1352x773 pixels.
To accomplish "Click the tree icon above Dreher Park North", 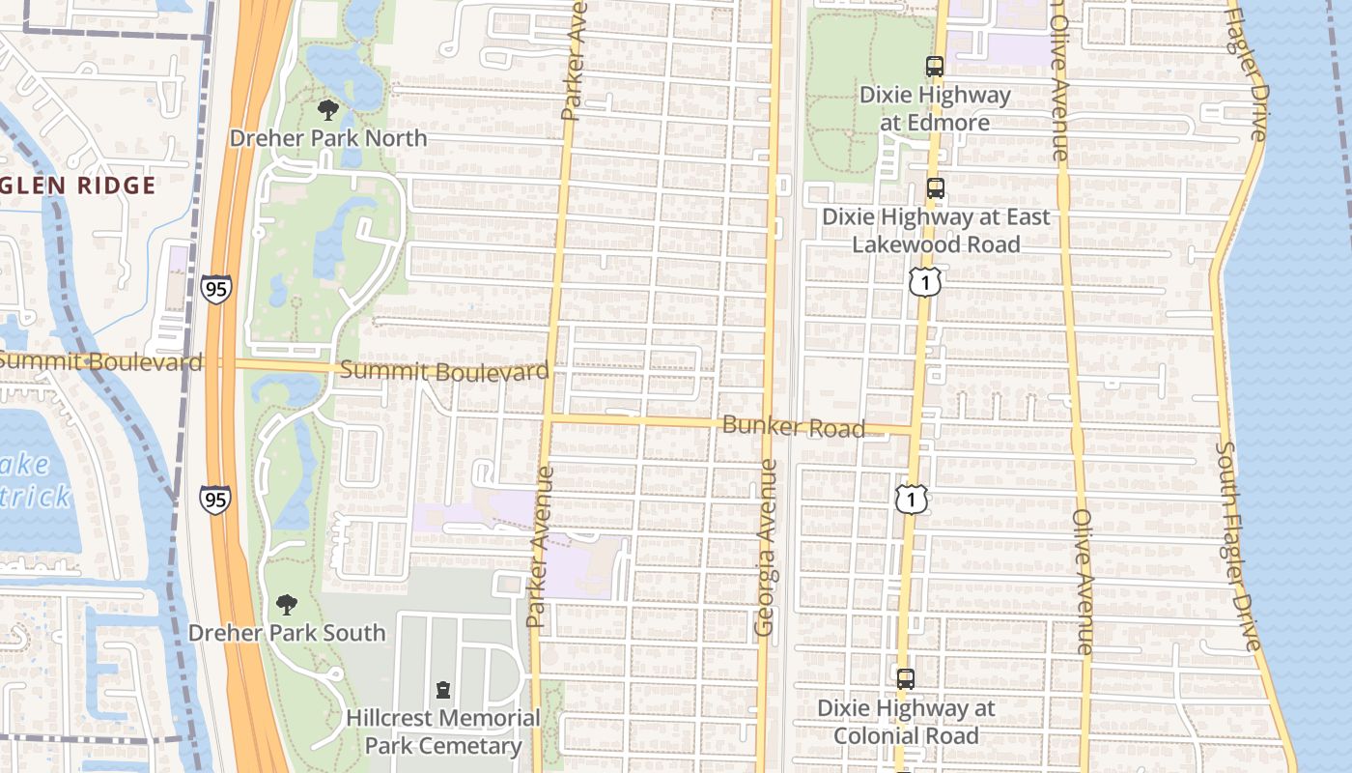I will point(328,109).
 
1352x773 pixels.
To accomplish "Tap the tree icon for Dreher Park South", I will point(286,605).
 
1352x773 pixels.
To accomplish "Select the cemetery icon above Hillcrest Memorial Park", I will point(443,690).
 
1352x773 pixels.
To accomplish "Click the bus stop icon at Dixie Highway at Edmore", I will point(934,67).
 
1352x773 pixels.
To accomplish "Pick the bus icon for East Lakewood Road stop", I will point(934,188).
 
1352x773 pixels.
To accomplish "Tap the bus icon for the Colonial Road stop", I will point(905,679).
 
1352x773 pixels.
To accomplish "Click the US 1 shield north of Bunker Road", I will point(924,282).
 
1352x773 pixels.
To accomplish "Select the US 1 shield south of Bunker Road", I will point(911,499).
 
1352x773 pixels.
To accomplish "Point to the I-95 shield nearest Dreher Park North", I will point(216,289).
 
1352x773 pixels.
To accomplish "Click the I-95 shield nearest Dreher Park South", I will point(215,499).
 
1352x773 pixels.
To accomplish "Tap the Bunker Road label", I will point(793,426).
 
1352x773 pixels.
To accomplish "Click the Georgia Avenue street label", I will point(766,547).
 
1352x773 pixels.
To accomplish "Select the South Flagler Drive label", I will point(1239,546).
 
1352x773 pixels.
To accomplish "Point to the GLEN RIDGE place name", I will point(77,186).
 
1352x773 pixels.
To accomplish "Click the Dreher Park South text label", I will point(287,633).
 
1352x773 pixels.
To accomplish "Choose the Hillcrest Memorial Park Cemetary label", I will point(443,731).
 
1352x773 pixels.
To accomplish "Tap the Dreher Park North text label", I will point(328,138).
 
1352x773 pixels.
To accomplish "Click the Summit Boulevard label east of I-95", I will point(445,371).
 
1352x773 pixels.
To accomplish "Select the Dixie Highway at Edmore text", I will point(934,108).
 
